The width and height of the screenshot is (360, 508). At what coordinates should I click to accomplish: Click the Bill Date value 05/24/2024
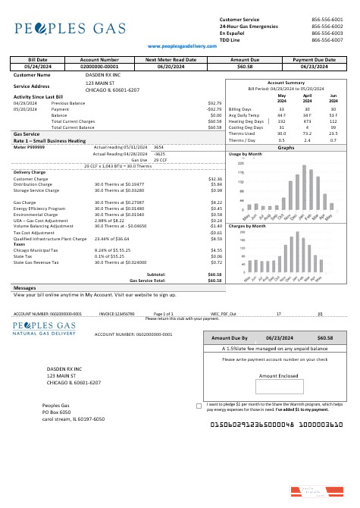coord(37,66)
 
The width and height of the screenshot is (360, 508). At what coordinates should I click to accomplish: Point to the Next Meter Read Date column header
coord(171,58)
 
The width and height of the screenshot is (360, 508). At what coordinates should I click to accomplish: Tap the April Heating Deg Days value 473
coord(308,121)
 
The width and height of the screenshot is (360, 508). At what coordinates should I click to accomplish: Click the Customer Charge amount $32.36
coord(214,178)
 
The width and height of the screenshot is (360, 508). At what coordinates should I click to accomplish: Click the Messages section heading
coord(25,288)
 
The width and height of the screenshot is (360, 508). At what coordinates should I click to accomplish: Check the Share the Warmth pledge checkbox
coord(199,406)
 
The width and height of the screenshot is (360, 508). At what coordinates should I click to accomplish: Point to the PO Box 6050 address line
coord(56,412)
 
